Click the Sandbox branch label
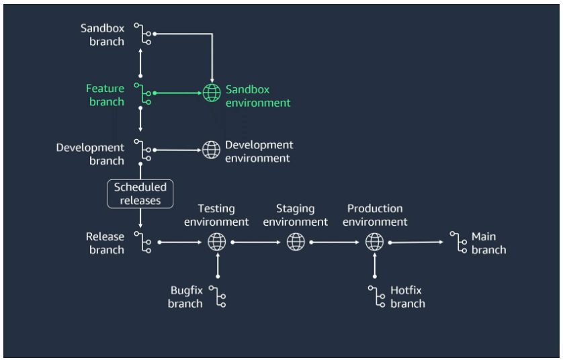(102, 35)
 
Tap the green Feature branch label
(105, 95)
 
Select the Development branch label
(90, 154)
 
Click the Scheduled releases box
(140, 193)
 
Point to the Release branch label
(105, 242)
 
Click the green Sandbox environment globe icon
(212, 93)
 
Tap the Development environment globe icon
(212, 150)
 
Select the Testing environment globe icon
(217, 242)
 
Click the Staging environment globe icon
(296, 242)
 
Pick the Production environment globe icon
(374, 242)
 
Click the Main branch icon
(459, 242)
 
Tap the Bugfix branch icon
(217, 296)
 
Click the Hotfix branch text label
(407, 297)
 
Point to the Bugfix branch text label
(185, 297)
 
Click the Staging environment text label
(296, 215)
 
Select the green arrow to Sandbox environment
(178, 93)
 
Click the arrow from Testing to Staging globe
(257, 242)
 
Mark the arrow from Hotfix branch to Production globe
(374, 267)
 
